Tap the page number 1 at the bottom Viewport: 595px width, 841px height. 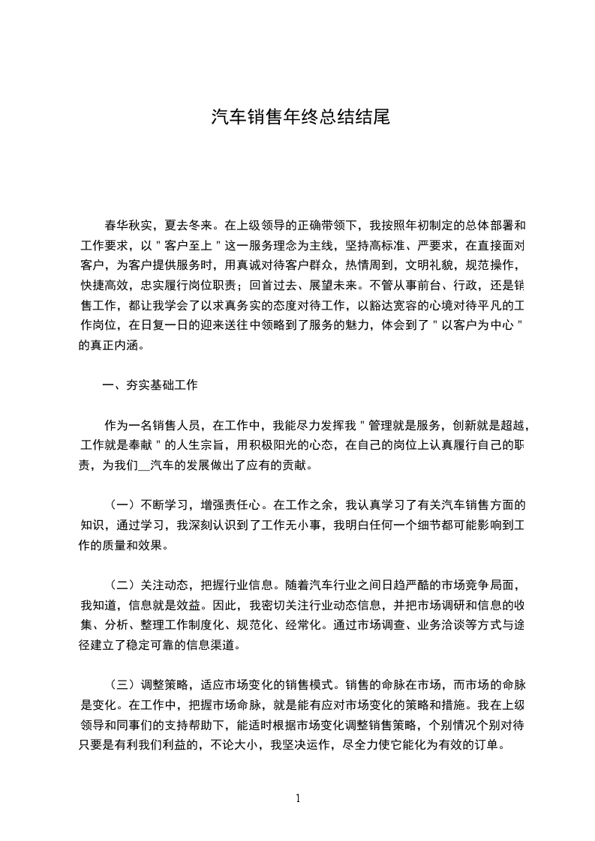pyautogui.click(x=298, y=798)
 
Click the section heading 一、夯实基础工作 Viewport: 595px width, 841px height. pyautogui.click(x=150, y=385)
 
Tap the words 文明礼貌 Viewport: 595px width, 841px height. pyautogui.click(x=430, y=265)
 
